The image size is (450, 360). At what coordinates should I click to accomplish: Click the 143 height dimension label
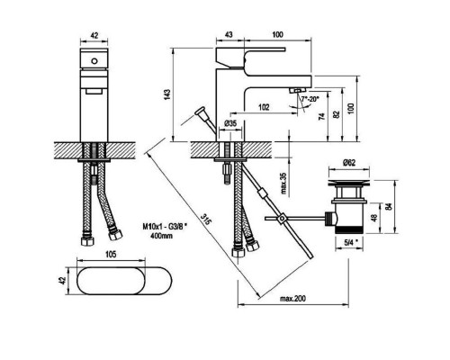[x=168, y=94]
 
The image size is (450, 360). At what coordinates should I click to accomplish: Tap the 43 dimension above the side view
[x=229, y=35]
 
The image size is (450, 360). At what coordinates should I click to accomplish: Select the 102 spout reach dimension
[x=264, y=107]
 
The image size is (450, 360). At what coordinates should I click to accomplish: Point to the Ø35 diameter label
[x=230, y=123]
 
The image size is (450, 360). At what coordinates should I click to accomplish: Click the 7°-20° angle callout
[x=310, y=99]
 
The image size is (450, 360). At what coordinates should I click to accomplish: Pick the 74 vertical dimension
[x=321, y=117]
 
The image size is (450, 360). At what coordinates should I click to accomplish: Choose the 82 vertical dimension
[x=337, y=114]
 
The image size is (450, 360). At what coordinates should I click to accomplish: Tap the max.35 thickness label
[x=283, y=184]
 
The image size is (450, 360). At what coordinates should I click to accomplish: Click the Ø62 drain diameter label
[x=349, y=162]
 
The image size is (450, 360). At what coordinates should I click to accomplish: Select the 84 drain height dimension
[x=389, y=206]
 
